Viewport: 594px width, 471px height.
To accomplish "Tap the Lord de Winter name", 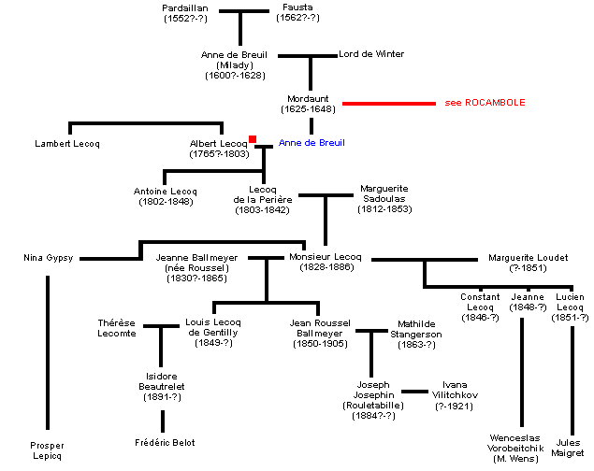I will (x=371, y=54).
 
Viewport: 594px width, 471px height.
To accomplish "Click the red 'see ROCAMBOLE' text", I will (x=484, y=102).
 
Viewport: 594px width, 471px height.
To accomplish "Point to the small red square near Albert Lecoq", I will (x=253, y=139).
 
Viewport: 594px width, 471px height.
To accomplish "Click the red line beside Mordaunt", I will (x=389, y=102).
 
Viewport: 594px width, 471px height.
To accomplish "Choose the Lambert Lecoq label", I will (x=66, y=144).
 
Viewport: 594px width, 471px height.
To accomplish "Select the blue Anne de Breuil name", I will (x=312, y=143).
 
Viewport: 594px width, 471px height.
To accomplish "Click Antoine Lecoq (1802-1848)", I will (x=165, y=196).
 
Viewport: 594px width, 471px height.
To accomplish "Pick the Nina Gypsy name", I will (x=49, y=258).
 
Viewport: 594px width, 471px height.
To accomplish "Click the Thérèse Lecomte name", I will (x=117, y=328).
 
